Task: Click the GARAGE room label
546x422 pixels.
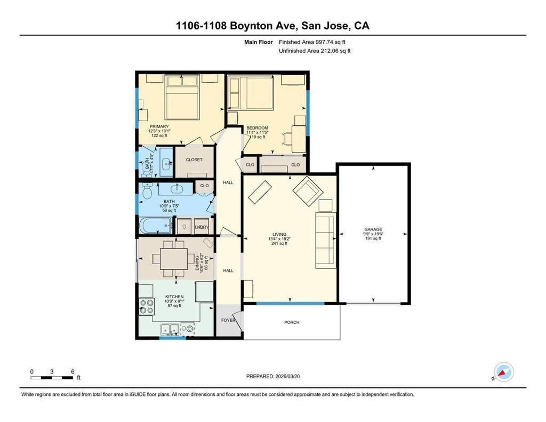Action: (x=373, y=229)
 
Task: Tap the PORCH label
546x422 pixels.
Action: (x=292, y=322)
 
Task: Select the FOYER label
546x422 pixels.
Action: (x=228, y=320)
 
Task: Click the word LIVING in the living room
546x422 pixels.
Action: (x=279, y=234)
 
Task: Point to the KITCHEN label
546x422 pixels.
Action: (x=174, y=297)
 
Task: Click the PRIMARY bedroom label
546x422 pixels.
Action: (x=159, y=126)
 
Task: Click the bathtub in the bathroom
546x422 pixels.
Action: (x=156, y=226)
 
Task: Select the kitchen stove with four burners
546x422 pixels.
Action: (x=145, y=307)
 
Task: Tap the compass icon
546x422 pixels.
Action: (x=503, y=371)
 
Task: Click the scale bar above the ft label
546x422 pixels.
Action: (x=52, y=377)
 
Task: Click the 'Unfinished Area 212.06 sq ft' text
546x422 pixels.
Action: (x=315, y=51)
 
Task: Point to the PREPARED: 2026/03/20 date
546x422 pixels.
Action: (x=276, y=376)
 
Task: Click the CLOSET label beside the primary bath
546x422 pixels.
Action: (x=194, y=160)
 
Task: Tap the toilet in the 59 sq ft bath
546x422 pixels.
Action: (x=147, y=190)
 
